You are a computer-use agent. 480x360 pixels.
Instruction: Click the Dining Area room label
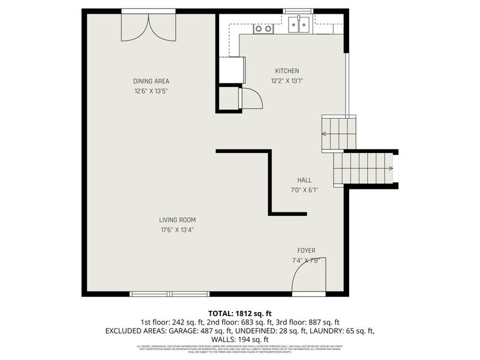click(151, 82)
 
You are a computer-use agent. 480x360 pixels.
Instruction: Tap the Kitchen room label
click(287, 71)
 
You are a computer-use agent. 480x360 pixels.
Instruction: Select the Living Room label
click(177, 220)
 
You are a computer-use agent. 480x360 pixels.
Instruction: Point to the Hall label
click(305, 180)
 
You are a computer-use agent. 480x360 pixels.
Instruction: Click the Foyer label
click(306, 250)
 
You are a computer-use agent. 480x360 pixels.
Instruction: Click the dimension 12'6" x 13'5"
click(151, 91)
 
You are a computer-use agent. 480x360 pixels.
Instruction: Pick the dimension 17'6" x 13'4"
click(177, 229)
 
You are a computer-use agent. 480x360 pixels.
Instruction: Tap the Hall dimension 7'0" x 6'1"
click(305, 190)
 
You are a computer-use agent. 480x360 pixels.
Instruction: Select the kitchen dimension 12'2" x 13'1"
click(287, 80)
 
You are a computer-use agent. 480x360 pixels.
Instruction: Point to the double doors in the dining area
click(149, 26)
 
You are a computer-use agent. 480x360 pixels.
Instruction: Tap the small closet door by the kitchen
click(251, 98)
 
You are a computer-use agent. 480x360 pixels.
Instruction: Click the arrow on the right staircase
click(391, 168)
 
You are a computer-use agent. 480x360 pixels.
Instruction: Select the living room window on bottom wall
click(170, 294)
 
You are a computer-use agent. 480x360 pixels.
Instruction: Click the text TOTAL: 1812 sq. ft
click(240, 313)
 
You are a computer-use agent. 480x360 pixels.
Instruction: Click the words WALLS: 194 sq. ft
click(240, 340)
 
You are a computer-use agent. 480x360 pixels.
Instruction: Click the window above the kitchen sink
click(298, 11)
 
